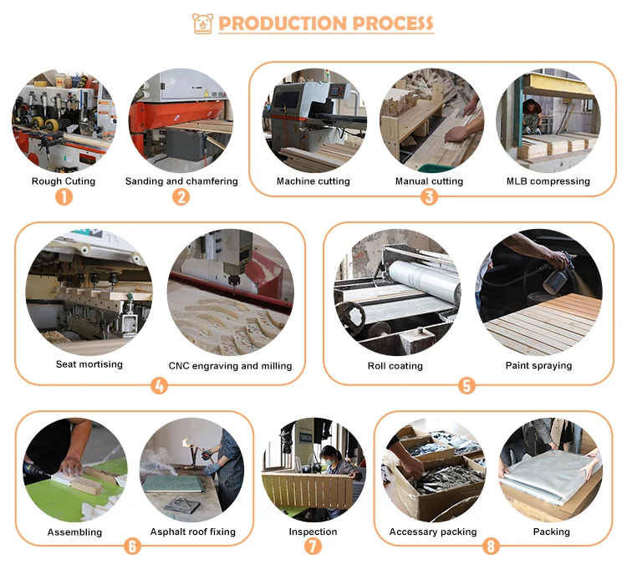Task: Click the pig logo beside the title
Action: (202, 23)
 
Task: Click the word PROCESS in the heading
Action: (393, 23)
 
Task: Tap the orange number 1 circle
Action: (64, 196)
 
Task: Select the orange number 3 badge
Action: (429, 196)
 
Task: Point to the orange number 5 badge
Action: (466, 386)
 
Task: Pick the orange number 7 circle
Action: (313, 546)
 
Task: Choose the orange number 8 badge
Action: (491, 546)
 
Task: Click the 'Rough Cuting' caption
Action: (64, 181)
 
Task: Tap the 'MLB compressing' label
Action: (548, 181)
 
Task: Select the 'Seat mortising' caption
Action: (89, 364)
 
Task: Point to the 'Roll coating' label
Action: (395, 366)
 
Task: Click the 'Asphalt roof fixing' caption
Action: (193, 532)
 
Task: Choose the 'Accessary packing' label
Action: (433, 532)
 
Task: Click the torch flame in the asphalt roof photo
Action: (186, 442)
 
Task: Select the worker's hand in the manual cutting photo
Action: (456, 134)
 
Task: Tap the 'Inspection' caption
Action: (313, 532)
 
